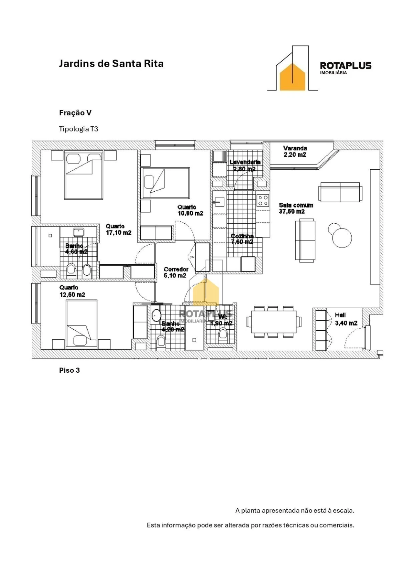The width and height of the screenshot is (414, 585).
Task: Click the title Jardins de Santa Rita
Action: [x=111, y=64]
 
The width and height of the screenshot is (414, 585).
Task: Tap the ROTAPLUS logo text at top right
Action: [x=345, y=66]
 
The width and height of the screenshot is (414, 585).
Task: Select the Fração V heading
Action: [x=75, y=113]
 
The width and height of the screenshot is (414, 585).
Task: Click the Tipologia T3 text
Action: [x=78, y=129]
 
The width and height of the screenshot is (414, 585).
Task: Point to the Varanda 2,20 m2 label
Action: [x=295, y=151]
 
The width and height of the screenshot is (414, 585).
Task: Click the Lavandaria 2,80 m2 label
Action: [x=245, y=165]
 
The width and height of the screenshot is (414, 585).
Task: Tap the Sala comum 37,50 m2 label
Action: [x=296, y=208]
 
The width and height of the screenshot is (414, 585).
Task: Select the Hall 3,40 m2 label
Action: [x=346, y=319]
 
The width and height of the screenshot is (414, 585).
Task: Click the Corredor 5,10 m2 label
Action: [x=176, y=272]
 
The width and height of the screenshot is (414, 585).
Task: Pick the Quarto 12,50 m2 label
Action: [x=72, y=291]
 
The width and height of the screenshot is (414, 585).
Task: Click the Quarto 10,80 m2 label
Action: [x=190, y=210]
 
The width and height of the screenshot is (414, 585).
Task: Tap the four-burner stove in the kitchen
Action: [x=263, y=200]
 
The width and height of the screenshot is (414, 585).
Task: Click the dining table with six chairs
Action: [x=274, y=322]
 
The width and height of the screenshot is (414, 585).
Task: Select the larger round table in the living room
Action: [x=342, y=238]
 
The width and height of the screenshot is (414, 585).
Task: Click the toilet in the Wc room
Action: [x=223, y=333]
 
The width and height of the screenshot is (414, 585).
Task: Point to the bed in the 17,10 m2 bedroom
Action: [x=84, y=176]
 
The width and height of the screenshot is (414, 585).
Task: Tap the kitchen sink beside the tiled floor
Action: [x=219, y=202]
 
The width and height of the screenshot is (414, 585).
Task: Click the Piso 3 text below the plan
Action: [x=69, y=370]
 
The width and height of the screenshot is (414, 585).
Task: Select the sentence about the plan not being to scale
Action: [x=295, y=510]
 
